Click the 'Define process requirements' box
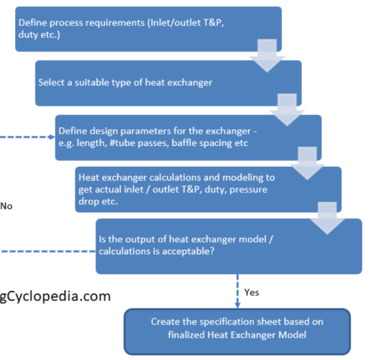coord(148,29)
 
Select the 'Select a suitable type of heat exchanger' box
coord(168,83)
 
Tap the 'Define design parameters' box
coord(188,138)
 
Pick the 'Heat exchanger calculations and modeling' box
coord(208,190)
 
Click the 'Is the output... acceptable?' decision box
coord(229,246)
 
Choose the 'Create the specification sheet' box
coord(237,332)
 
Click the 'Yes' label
coord(251,292)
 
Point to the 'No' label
coord(6,206)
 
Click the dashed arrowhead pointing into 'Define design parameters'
coord(52,137)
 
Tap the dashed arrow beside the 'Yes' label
coord(238,291)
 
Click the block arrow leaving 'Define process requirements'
coord(267,56)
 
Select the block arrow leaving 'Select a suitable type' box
coord(287,110)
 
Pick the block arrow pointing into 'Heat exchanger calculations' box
coord(307,163)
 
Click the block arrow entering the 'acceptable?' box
coord(327,218)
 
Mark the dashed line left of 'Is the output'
coord(48,251)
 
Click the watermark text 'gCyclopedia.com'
coord(55,296)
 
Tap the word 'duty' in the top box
coord(28,35)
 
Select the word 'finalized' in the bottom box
coord(186,335)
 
